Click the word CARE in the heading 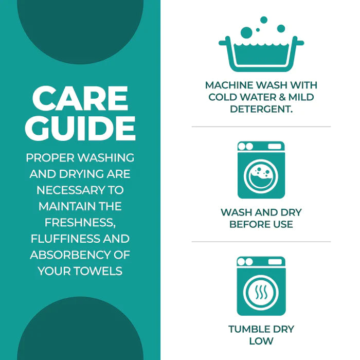click(80, 98)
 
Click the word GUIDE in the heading click(80, 128)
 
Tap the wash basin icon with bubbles click(261, 44)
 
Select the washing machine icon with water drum click(261, 170)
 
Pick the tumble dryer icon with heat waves click(261, 286)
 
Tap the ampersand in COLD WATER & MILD click(282, 97)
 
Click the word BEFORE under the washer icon click(249, 224)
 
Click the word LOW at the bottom click(261, 341)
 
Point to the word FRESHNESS click(80, 223)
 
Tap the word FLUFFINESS click(65, 239)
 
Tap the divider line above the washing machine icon click(261, 127)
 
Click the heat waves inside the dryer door click(261, 292)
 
